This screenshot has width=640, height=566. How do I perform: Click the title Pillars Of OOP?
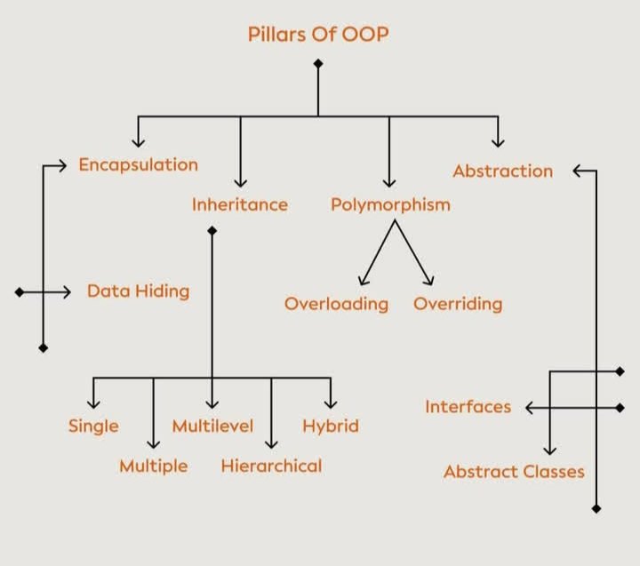click(x=317, y=35)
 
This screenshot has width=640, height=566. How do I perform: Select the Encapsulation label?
click(x=138, y=164)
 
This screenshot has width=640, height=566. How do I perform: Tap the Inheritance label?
click(x=240, y=204)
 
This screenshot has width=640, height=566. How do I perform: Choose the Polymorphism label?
click(x=390, y=204)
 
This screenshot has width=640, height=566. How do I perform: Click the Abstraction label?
click(x=502, y=171)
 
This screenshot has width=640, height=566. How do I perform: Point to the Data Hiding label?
click(x=138, y=291)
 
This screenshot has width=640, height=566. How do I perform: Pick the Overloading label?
click(x=336, y=304)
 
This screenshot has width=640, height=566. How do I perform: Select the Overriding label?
click(x=458, y=304)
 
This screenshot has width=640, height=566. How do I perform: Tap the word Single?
click(x=93, y=426)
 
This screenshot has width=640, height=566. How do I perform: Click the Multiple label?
click(x=154, y=466)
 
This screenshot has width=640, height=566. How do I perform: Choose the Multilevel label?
click(x=212, y=426)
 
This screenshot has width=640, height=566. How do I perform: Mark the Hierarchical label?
click(x=271, y=466)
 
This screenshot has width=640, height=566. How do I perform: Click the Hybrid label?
click(x=331, y=426)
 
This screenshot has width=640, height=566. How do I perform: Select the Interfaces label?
click(x=468, y=407)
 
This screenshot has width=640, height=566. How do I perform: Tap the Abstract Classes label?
click(x=514, y=471)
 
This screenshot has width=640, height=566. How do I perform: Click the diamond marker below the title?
click(x=318, y=63)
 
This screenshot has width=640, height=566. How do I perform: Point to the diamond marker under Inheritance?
click(x=212, y=231)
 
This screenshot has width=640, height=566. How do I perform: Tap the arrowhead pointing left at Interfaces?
click(x=530, y=408)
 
